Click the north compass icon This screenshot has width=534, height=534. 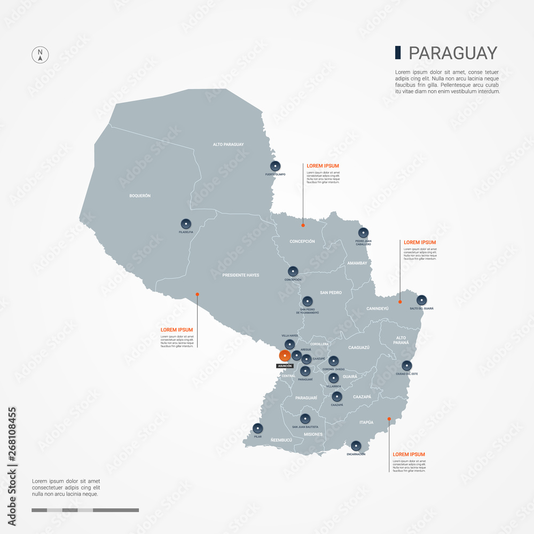(40, 54)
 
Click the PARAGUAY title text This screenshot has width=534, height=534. (453, 53)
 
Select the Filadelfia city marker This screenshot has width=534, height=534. (186, 224)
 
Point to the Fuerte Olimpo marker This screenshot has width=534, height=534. (275, 166)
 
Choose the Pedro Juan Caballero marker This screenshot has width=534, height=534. (363, 233)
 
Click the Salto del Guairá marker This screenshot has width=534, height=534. (422, 300)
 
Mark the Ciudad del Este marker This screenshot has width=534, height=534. (407, 366)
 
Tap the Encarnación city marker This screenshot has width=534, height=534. (356, 445)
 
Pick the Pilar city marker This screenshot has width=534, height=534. (258, 428)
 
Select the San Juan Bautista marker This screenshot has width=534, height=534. (305, 419)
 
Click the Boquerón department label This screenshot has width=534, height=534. (140, 196)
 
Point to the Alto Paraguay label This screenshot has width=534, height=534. (228, 144)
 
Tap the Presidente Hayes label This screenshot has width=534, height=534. (241, 275)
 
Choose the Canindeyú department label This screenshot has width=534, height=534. (378, 309)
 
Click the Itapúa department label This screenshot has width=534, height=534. (366, 422)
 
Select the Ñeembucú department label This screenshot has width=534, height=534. (281, 439)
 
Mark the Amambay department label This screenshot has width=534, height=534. (357, 263)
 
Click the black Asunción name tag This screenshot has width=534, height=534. (284, 366)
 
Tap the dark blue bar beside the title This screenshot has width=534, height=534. (398, 52)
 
